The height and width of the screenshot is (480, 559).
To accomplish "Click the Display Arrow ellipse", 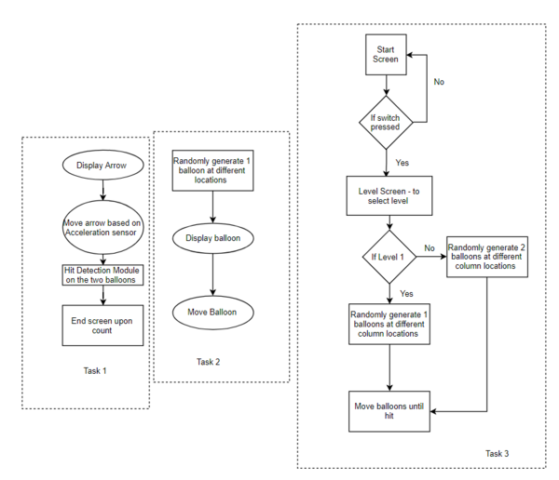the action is pos(103,165).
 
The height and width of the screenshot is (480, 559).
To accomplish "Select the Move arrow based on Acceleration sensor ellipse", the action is pos(103,227).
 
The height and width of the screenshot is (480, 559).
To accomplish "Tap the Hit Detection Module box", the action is pos(102,275).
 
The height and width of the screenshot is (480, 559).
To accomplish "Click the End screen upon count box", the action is pos(102,326).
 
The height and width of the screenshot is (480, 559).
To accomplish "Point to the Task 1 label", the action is pos(95,370).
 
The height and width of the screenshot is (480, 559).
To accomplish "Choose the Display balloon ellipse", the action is pos(213,238).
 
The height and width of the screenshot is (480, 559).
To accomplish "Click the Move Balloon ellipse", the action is pos(213,313).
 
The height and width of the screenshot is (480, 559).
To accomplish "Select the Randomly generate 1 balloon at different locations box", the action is pos(212,170).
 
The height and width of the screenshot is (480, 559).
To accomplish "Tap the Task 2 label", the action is pos(208,362).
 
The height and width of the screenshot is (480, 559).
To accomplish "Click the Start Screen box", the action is pos(386,55).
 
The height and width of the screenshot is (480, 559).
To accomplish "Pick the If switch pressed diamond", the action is pos(386,123).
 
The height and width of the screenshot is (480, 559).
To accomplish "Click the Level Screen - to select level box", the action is pos(389,196).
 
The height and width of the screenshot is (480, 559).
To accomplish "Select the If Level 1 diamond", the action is pos(389,257).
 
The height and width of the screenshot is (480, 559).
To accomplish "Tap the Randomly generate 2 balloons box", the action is pos(487,257).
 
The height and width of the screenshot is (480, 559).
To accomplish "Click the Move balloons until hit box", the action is pos(389,411).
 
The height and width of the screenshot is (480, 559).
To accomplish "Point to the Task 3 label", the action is pos(497,453).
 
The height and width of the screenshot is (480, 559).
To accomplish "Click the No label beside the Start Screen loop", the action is pos(439,82).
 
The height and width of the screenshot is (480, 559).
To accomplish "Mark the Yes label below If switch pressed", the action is pos(402,163).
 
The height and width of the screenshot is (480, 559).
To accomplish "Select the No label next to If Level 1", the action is pos(429,247).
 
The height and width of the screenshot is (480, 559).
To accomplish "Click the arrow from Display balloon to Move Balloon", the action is pos(213,274).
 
